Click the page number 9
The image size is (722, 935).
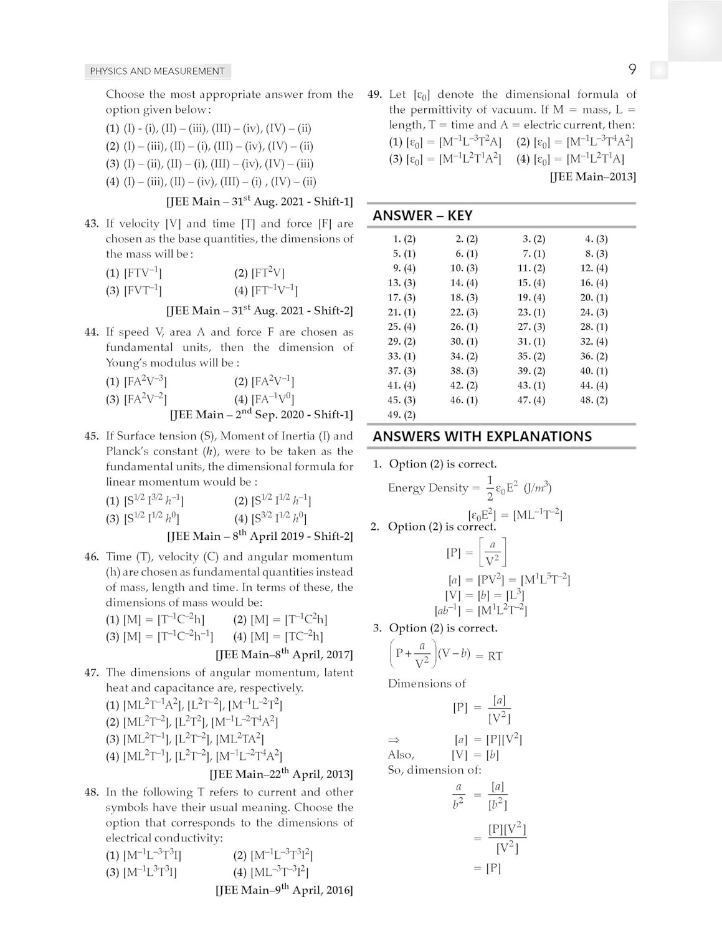(x=632, y=70)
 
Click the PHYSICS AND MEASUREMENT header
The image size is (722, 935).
(x=157, y=71)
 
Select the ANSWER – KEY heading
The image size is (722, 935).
(x=422, y=216)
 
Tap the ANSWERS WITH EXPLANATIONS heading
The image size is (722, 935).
(x=482, y=436)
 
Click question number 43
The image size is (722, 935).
(x=92, y=224)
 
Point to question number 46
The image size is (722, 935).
(x=92, y=557)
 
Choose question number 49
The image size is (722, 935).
(x=375, y=95)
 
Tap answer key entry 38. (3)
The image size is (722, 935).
(x=464, y=371)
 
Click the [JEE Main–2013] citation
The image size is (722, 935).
(x=592, y=177)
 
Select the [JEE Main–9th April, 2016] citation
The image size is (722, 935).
(x=284, y=890)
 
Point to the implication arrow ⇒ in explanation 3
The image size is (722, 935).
(x=393, y=740)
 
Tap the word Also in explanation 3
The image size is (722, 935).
(x=401, y=755)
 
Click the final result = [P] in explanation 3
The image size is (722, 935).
(x=487, y=868)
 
